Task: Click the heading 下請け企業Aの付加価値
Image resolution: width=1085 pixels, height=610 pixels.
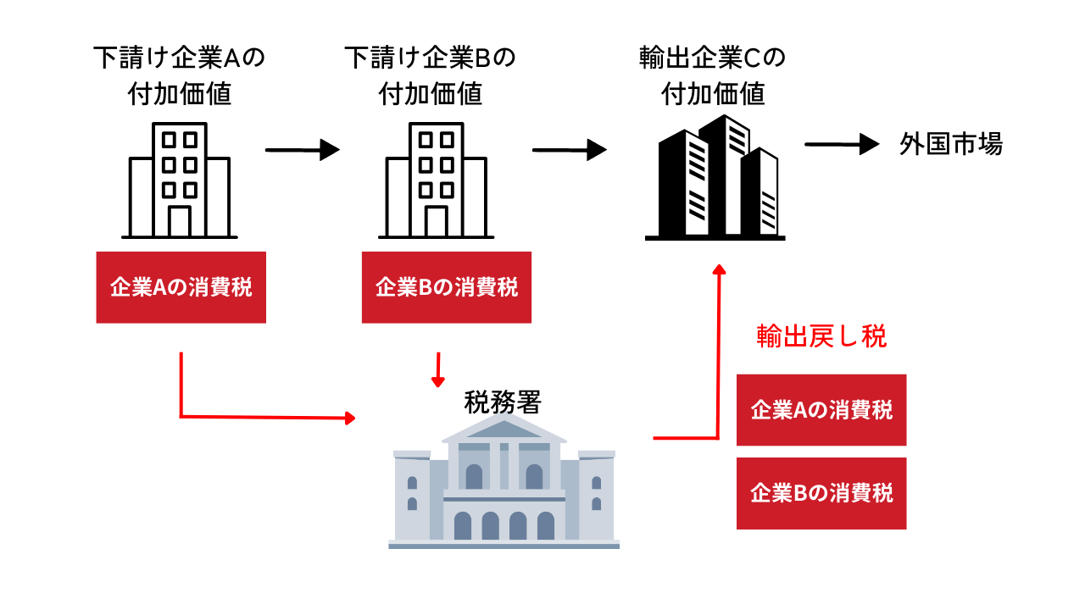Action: pyautogui.click(x=179, y=76)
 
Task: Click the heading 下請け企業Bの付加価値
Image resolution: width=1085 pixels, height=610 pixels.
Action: pyautogui.click(x=430, y=76)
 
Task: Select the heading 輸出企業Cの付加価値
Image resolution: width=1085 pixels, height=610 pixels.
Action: pyautogui.click(x=712, y=76)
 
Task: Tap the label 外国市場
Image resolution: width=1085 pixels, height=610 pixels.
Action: pyautogui.click(x=950, y=145)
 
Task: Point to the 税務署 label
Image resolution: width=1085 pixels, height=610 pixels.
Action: pyautogui.click(x=502, y=402)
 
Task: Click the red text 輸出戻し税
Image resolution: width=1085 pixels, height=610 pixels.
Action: pyautogui.click(x=821, y=336)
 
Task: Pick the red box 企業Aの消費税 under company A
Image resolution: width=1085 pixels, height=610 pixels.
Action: pyautogui.click(x=181, y=287)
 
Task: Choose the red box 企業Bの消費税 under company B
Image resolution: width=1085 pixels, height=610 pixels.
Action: pyautogui.click(x=447, y=287)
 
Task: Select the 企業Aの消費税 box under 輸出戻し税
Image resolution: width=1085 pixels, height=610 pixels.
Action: pyautogui.click(x=821, y=410)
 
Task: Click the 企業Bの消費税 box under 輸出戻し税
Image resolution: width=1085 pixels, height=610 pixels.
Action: pyautogui.click(x=821, y=493)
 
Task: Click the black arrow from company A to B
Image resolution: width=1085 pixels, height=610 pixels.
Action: pyautogui.click(x=303, y=150)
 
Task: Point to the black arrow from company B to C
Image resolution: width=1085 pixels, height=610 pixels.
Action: pyautogui.click(x=570, y=150)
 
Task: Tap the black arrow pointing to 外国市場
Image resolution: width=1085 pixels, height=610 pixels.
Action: pyautogui.click(x=843, y=144)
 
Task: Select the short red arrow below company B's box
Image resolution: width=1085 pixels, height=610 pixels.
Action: pyautogui.click(x=437, y=369)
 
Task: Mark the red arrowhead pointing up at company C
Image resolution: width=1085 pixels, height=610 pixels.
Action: pyautogui.click(x=719, y=269)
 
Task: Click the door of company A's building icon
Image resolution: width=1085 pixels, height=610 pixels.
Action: pyautogui.click(x=179, y=221)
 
